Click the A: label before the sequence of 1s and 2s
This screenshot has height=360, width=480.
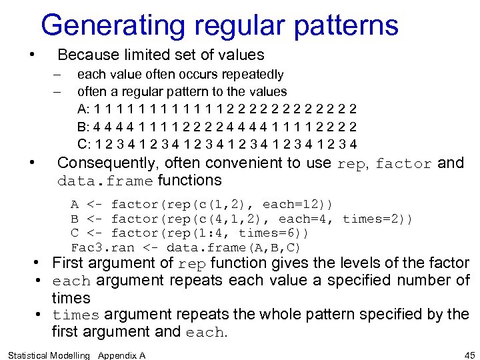coord(84,109)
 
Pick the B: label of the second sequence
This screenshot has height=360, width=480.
coord(84,126)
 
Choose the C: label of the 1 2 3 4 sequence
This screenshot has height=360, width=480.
coord(85,143)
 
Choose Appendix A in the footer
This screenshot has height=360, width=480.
coord(121,355)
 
